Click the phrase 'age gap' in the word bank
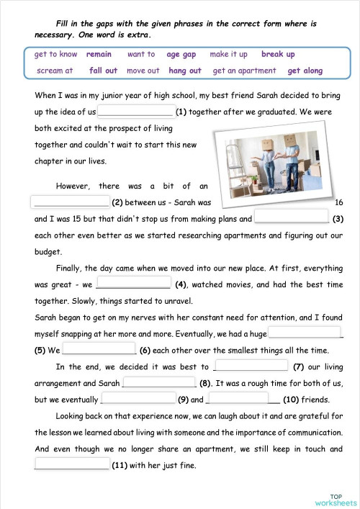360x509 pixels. [181, 54]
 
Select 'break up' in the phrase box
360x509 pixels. [278, 54]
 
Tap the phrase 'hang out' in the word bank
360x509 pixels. [185, 71]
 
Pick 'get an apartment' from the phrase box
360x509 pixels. [244, 71]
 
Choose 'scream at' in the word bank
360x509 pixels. [55, 71]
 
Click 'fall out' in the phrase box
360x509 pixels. [103, 71]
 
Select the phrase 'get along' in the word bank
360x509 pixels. [305, 71]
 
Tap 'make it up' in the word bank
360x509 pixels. [228, 54]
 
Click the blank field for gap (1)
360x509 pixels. [135, 111]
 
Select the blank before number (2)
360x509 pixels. [71, 202]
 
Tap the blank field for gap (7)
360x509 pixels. [251, 366]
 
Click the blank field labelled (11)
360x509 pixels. [71, 464]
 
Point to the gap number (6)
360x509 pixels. [145, 351]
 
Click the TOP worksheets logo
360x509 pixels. [341, 498]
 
